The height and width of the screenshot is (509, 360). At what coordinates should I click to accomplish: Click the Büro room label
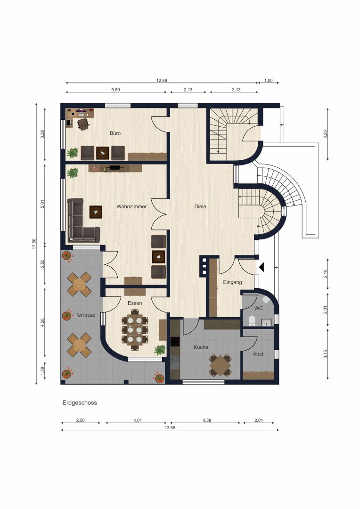click(115, 133)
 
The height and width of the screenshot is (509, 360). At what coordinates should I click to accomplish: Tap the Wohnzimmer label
click(131, 206)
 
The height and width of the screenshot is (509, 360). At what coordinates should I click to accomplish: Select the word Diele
click(200, 206)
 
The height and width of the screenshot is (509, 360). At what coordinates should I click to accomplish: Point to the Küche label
click(201, 347)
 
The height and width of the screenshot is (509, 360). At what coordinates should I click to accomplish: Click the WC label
click(259, 308)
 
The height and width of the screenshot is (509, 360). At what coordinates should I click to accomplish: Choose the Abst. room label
click(259, 354)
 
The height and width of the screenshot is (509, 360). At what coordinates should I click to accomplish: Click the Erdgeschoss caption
click(80, 403)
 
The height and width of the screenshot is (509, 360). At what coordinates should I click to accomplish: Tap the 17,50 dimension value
click(34, 244)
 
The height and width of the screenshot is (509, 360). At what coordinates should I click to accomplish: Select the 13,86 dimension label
click(170, 427)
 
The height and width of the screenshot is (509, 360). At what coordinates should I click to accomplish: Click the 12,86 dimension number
click(162, 81)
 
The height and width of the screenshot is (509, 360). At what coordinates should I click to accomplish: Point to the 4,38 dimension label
click(207, 420)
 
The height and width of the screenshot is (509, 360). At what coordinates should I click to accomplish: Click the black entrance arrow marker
click(262, 267)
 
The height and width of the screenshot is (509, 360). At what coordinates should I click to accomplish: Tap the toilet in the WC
click(252, 321)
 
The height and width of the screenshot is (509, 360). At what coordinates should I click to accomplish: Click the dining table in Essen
click(135, 330)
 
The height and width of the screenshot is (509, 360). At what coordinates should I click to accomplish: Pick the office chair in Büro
click(83, 124)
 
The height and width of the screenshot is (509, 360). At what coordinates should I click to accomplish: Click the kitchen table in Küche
click(220, 365)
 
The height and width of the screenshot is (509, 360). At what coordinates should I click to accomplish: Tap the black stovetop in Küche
click(175, 342)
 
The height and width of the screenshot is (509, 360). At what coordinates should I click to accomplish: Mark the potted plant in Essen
click(160, 350)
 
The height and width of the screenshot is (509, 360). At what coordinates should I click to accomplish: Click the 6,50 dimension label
click(115, 90)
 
